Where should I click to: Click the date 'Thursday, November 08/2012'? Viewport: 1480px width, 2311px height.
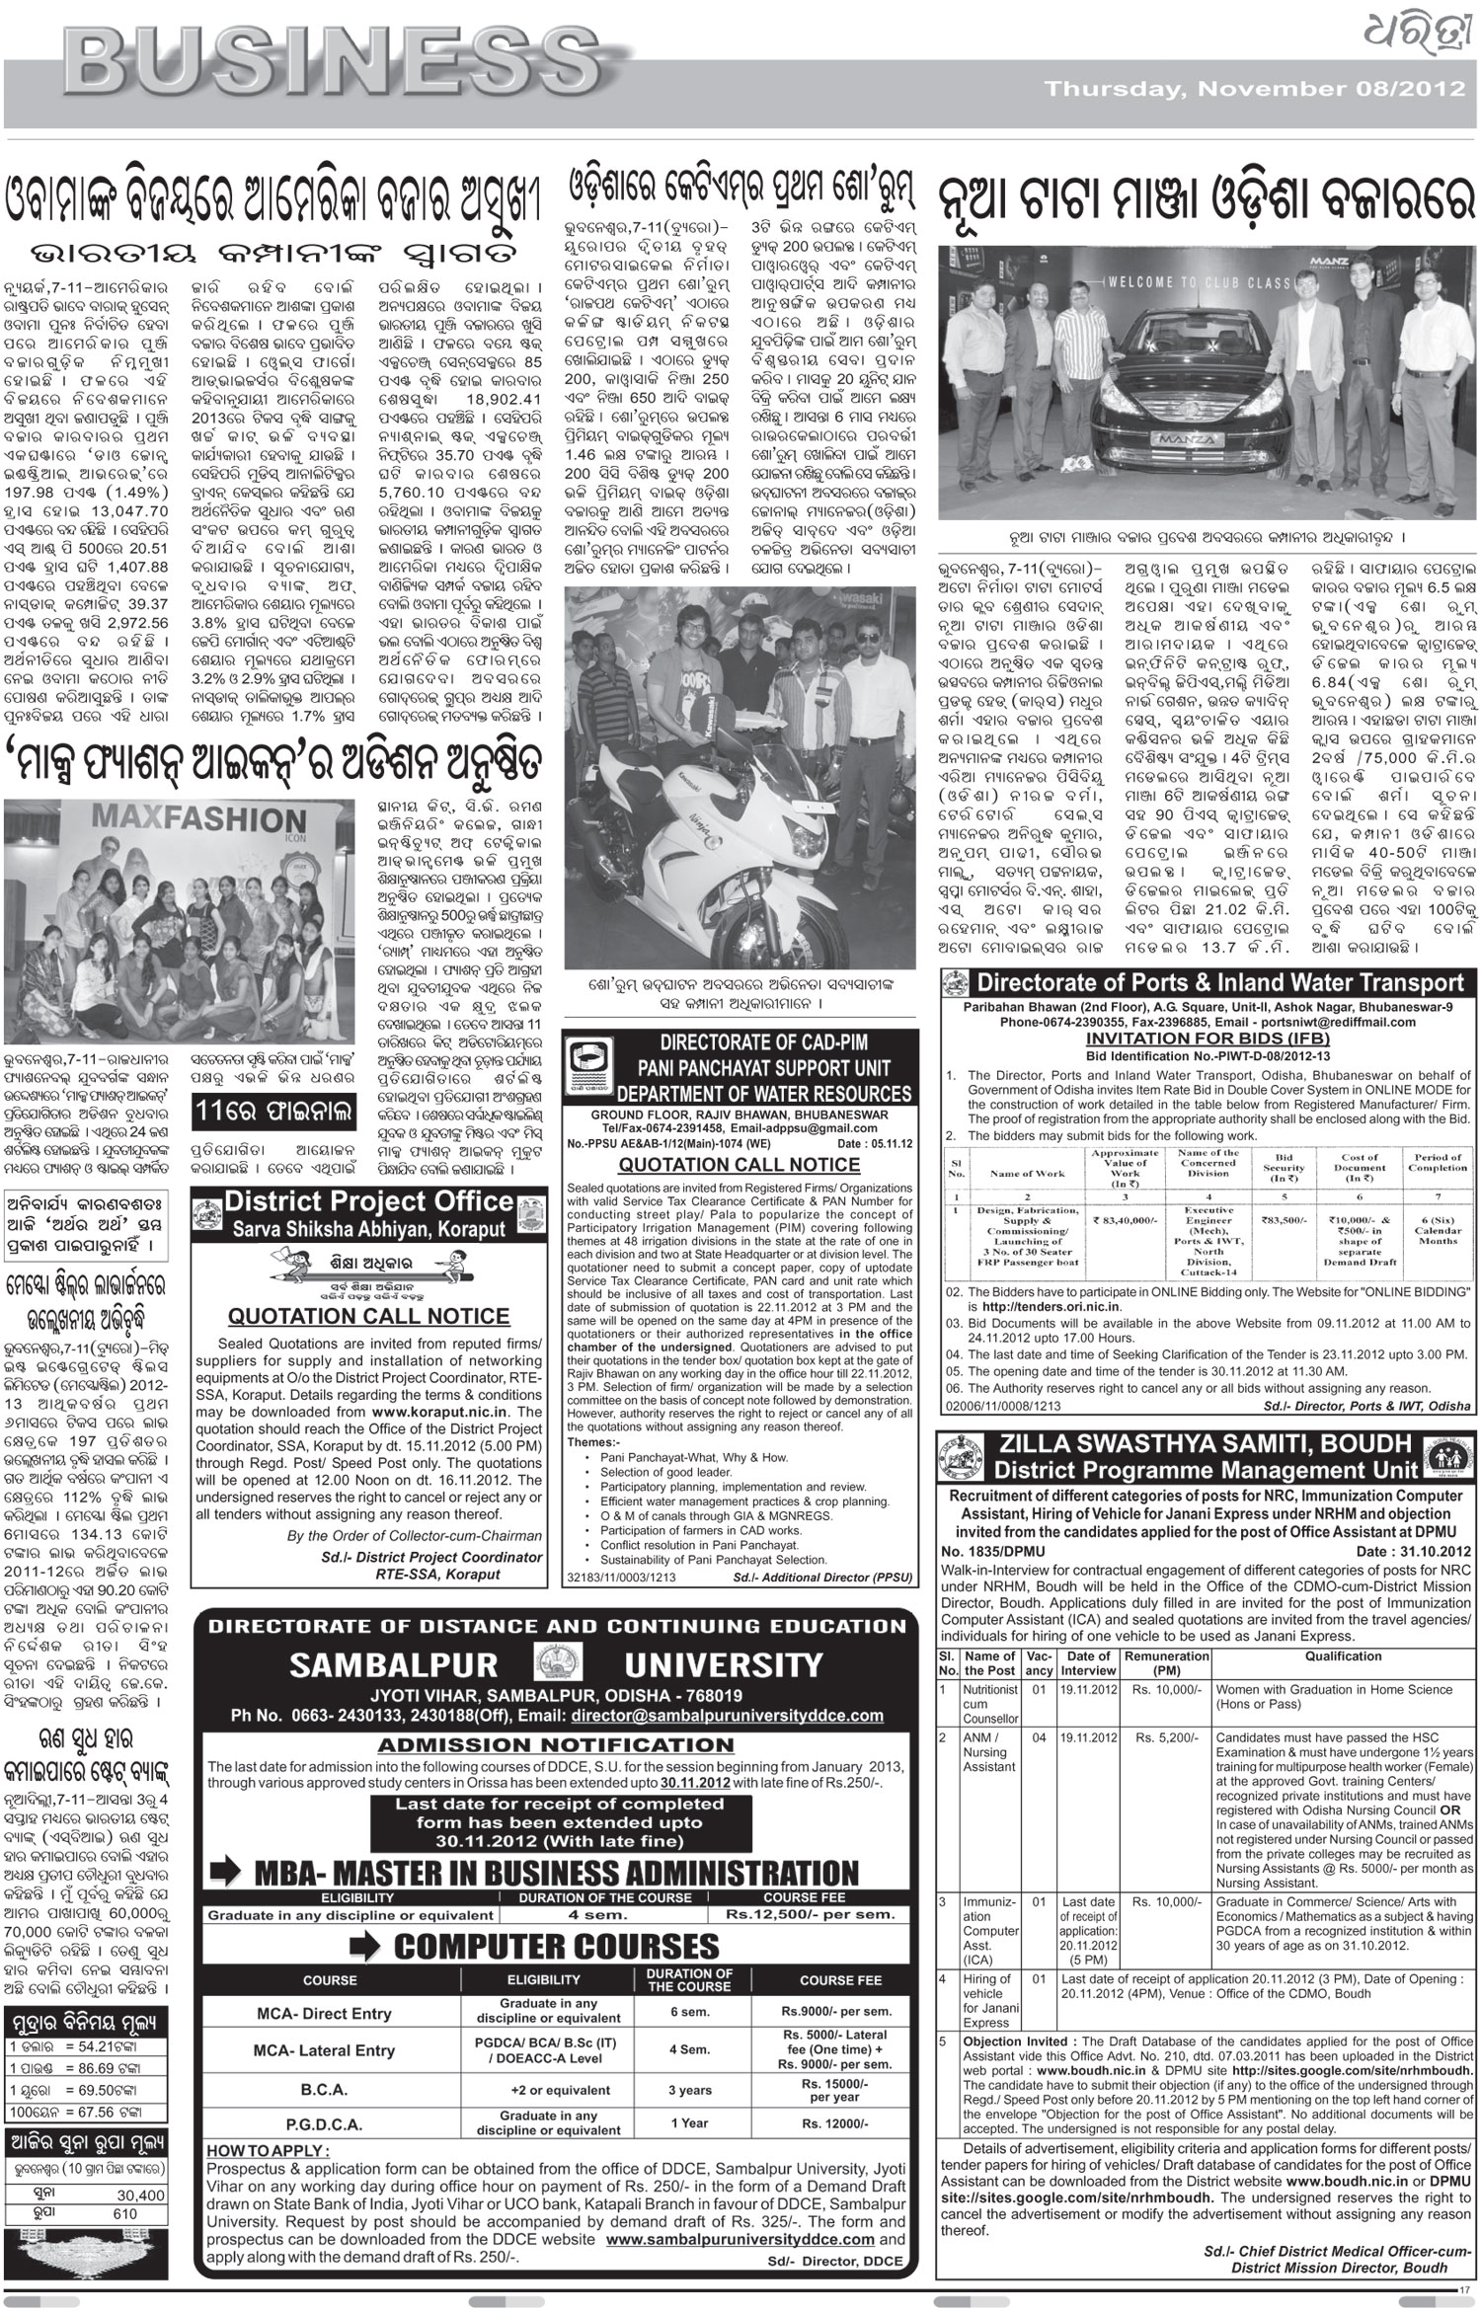1254,90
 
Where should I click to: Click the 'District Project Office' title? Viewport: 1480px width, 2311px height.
368,1201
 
